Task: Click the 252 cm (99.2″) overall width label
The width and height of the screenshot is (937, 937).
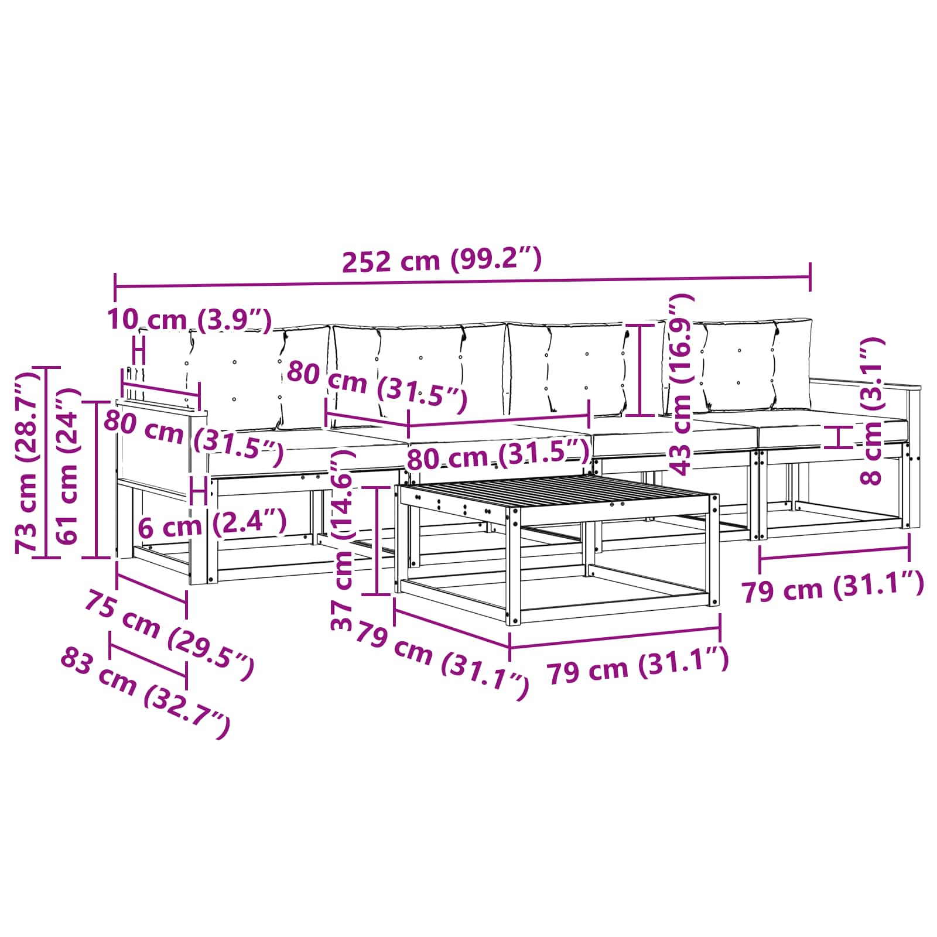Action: pos(442,259)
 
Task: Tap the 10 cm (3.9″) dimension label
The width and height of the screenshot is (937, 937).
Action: pos(189,320)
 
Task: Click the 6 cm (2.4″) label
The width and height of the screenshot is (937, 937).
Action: pos(212,524)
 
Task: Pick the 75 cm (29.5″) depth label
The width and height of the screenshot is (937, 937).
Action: pos(169,635)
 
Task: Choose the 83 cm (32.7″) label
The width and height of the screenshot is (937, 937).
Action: pos(145,692)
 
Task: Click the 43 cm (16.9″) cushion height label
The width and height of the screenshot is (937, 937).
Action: pos(680,384)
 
